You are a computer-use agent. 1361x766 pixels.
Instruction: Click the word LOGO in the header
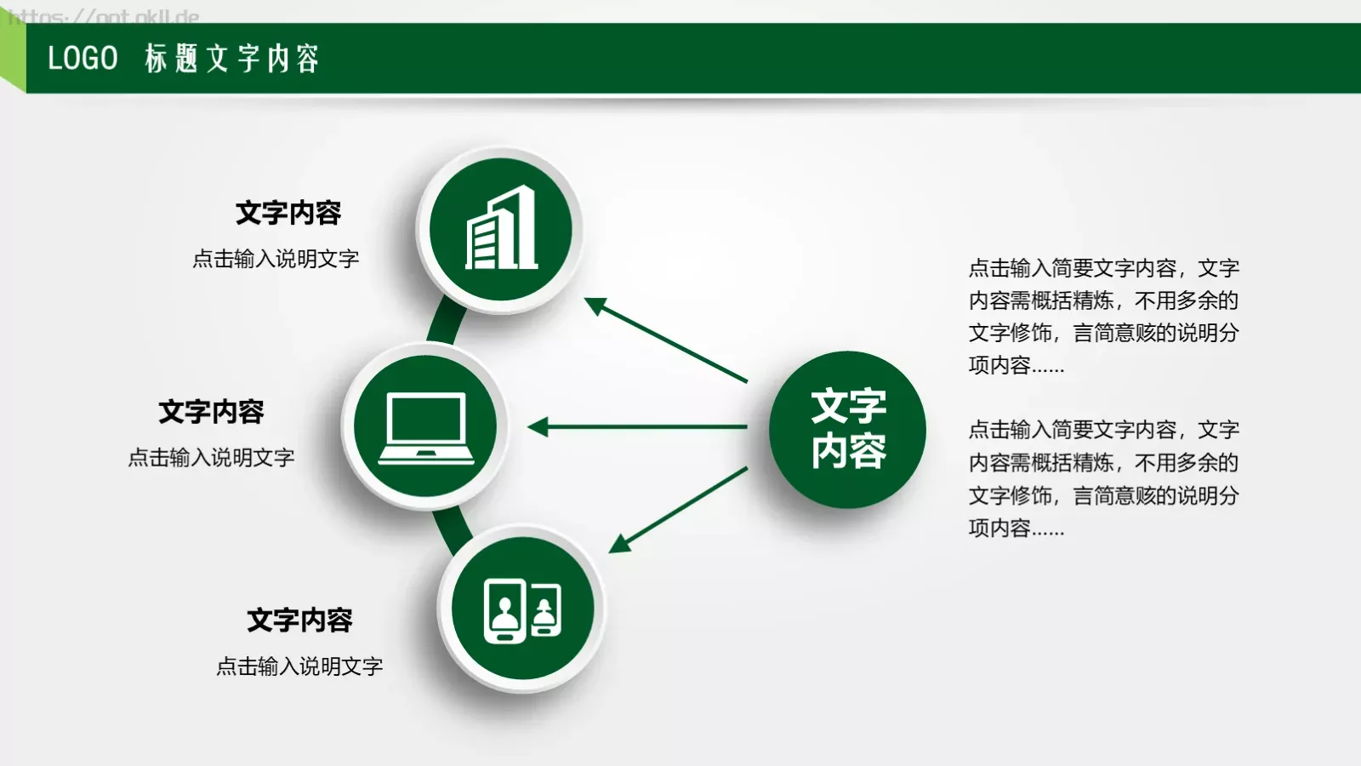coord(83,58)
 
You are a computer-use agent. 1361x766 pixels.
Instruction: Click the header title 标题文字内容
coord(232,58)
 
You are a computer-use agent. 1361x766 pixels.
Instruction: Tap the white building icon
coord(501,228)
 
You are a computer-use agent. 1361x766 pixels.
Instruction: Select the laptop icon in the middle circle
coord(426,427)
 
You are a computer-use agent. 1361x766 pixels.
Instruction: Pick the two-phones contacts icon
coord(522,609)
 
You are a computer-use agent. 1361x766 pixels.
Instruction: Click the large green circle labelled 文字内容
coord(847,429)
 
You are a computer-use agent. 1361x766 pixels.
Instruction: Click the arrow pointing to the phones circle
coord(677,510)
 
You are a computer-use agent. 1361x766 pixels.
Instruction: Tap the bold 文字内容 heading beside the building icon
coord(288,213)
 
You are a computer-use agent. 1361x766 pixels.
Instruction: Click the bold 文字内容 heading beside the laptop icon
coord(211,412)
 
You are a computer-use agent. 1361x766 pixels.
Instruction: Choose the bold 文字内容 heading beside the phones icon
coord(299,620)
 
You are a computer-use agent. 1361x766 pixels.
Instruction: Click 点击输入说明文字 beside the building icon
coord(276,259)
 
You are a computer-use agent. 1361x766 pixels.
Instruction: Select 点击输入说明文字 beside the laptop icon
coord(211,458)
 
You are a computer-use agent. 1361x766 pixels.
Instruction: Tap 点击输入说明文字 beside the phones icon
coord(299,666)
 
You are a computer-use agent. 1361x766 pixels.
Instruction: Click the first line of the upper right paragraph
coord(1103,268)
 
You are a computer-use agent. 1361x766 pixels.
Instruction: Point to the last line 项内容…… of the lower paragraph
coord(1016,528)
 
